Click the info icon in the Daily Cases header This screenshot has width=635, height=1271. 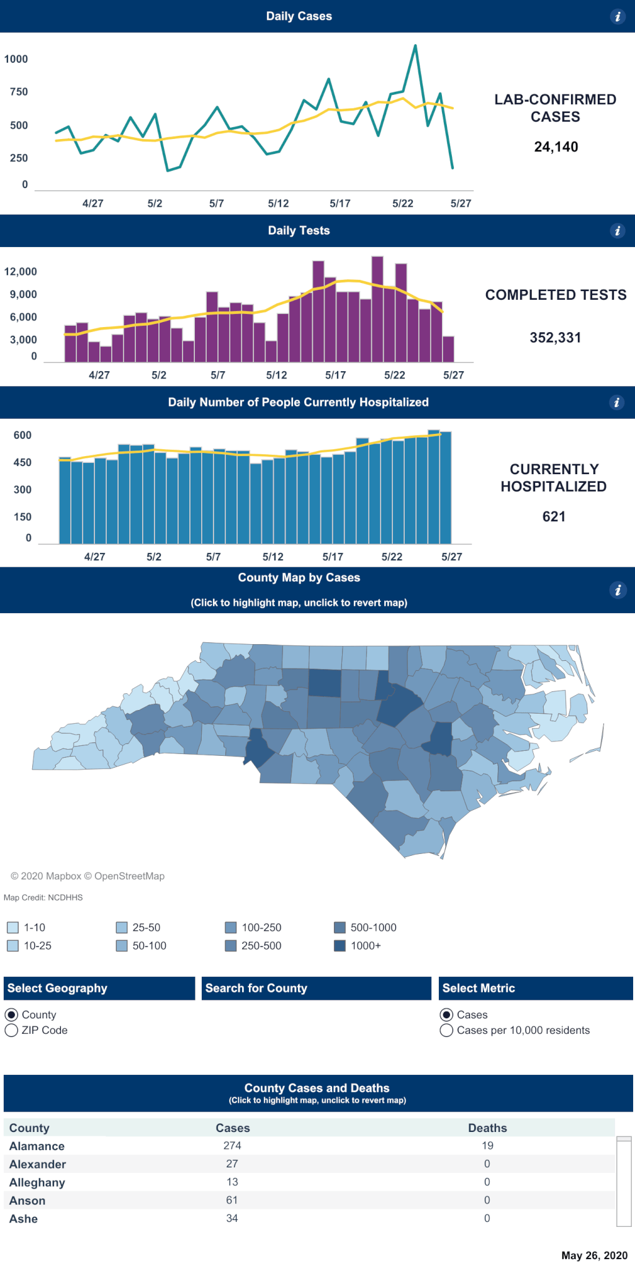click(x=617, y=17)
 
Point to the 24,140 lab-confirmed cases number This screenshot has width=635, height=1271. click(x=556, y=147)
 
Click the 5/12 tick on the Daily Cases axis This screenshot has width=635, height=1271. click(x=278, y=204)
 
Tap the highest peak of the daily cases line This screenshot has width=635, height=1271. click(x=415, y=46)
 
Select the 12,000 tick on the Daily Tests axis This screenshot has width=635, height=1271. click(x=20, y=272)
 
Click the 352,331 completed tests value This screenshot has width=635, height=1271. click(x=555, y=338)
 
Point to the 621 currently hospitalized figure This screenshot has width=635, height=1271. click(x=554, y=517)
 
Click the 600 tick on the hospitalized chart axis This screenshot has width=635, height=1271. click(x=22, y=436)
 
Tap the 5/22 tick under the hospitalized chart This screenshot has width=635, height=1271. click(x=392, y=557)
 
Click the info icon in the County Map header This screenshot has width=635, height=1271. click(x=617, y=590)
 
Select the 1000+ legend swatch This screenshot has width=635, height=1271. click(x=340, y=946)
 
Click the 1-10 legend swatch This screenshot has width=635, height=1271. click(x=12, y=928)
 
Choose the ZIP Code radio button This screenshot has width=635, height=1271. click(x=11, y=1031)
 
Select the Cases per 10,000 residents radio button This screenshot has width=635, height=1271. click(x=446, y=1031)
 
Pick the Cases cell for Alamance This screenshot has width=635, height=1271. click(x=232, y=1146)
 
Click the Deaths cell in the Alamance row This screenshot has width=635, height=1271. click(x=487, y=1146)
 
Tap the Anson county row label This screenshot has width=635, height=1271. click(x=27, y=1201)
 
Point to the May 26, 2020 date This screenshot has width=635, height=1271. click(x=594, y=1255)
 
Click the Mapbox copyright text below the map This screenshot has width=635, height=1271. click(x=88, y=876)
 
